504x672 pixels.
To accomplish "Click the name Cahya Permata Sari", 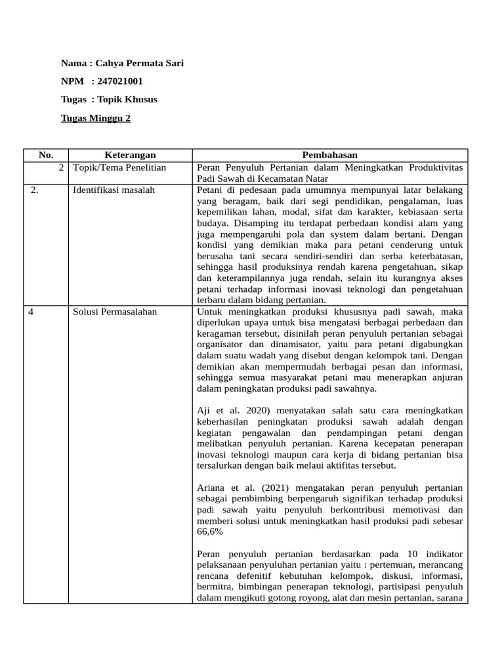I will [x=139, y=64].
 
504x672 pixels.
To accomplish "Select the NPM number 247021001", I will [x=119, y=81].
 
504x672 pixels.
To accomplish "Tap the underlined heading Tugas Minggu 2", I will [x=96, y=118].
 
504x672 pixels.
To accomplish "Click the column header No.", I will [x=45, y=155].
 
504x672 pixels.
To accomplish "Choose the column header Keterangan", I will [x=130, y=155].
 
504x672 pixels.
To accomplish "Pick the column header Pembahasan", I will [x=329, y=155].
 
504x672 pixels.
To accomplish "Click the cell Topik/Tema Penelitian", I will [x=119, y=167].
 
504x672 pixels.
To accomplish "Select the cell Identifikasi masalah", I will [x=114, y=190].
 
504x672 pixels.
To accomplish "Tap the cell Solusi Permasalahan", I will [x=115, y=312].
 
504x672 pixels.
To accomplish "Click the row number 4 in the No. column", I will [x=31, y=312].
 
